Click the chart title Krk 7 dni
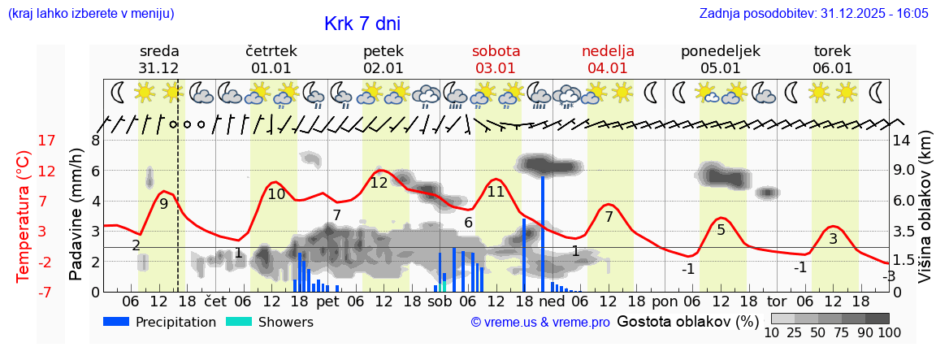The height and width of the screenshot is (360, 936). pos(362,24)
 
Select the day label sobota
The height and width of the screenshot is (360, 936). pos(496,50)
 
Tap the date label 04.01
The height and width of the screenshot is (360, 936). pos(608,68)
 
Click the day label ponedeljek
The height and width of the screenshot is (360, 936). pos(721,50)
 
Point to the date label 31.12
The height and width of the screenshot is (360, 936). pos(158,68)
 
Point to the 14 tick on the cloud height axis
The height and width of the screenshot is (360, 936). pos(902,141)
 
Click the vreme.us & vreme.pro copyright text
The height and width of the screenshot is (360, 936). pos(540,323)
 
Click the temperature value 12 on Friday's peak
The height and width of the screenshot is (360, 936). pos(379,183)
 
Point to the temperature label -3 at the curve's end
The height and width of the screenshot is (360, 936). pos(889,276)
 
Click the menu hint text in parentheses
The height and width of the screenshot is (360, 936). pos(90,14)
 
